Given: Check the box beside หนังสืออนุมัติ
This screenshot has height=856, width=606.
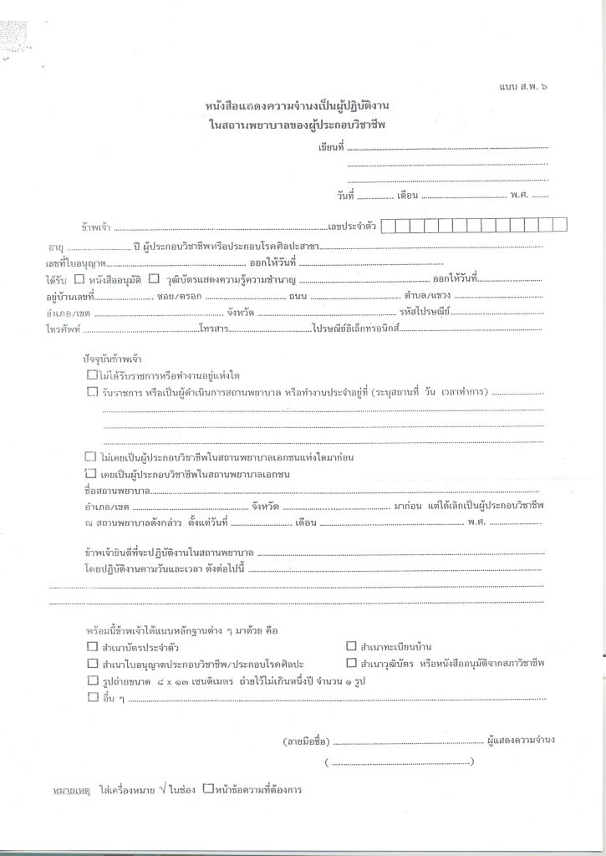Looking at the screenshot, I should [x=79, y=278].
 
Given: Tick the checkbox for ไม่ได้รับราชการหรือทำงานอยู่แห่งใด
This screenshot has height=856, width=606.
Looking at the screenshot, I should [x=91, y=376].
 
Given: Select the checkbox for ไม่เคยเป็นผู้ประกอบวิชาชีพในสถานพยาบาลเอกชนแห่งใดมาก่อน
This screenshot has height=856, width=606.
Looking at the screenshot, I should [x=91, y=456].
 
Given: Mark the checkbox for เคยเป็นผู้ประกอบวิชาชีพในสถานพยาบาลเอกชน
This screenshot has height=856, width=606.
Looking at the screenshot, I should [x=91, y=473].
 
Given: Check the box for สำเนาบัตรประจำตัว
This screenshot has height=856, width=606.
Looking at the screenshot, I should [x=91, y=647].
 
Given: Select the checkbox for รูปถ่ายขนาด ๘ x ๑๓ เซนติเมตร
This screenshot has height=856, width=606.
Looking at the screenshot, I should [x=91, y=681].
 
